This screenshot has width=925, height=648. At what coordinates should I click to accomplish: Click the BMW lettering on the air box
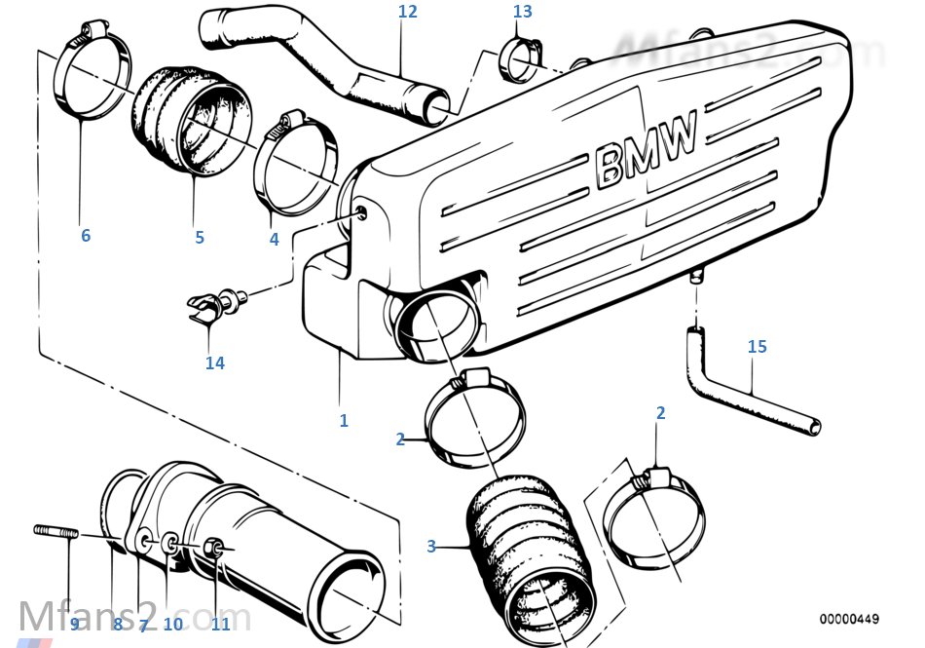[x=646, y=148]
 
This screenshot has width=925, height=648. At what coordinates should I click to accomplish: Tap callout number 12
[x=407, y=12]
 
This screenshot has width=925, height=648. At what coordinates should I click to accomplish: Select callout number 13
[x=523, y=12]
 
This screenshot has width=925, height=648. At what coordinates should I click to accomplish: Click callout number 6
[x=86, y=236]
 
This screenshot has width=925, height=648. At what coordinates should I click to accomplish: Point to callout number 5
[x=200, y=237]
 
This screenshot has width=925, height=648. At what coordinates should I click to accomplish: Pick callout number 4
[x=275, y=239]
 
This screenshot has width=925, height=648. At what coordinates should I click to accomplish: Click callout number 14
[x=214, y=363]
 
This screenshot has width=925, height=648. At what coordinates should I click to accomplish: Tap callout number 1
[x=343, y=421]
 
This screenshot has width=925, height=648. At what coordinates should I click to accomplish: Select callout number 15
[x=757, y=347]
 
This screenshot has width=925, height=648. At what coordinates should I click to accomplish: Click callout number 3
[x=431, y=547]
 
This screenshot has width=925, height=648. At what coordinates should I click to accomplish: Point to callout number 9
[x=74, y=625]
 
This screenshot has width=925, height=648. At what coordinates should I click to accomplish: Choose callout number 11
[x=221, y=625]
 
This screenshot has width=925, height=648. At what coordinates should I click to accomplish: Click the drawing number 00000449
[x=848, y=619]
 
